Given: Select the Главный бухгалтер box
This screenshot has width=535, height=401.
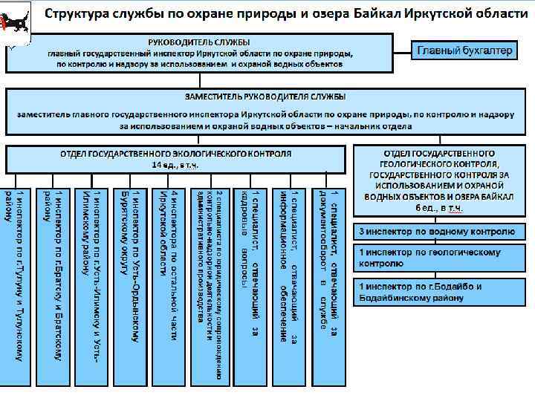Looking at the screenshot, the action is coord(464,50).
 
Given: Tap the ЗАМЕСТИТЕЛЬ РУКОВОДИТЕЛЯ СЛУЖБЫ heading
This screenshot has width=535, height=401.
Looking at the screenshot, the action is coord(265,97).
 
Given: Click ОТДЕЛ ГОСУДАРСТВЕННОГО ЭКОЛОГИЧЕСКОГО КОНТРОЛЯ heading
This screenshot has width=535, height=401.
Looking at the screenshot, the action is coord(176,153).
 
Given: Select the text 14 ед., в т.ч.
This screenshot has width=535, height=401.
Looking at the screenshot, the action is coord(176,164).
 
